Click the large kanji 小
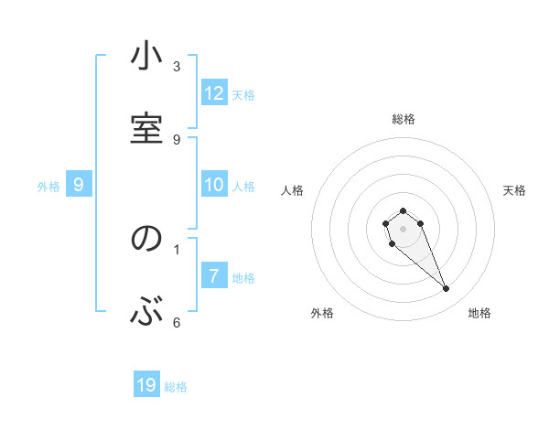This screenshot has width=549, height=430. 147,59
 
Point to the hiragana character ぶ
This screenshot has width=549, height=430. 147,311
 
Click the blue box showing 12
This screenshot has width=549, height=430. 214,93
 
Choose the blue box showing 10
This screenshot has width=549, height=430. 214,185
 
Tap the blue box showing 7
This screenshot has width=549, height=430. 214,275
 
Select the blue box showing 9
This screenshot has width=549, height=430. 79,185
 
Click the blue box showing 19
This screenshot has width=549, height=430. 146,385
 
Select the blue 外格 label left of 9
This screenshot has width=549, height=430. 48,186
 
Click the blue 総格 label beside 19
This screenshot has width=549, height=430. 176,387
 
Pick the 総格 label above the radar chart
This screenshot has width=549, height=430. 403,119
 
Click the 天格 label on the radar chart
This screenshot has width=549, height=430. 514,190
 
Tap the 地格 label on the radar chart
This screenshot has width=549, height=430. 479,313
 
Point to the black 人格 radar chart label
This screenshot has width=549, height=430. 293,190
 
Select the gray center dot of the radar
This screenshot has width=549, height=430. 403,229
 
